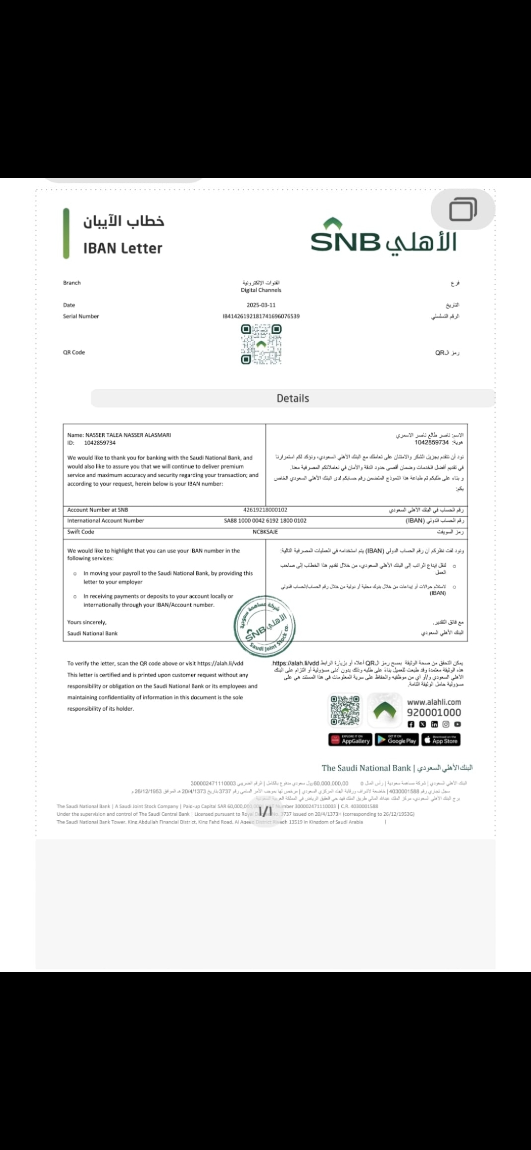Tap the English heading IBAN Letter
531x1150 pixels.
tap(122, 248)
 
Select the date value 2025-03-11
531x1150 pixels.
tap(261, 305)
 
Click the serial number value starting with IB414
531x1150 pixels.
tap(261, 316)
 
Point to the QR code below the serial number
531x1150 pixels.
tap(261, 345)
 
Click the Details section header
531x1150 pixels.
tap(293, 399)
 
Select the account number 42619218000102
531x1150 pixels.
tap(265, 510)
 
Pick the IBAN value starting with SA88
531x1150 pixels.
tap(265, 521)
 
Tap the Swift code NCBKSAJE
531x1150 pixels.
tap(265, 532)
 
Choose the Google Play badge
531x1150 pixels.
tap(397, 740)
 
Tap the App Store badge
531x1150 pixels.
tap(441, 740)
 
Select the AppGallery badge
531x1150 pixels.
tap(350, 740)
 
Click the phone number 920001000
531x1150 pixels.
tap(434, 713)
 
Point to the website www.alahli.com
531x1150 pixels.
tap(434, 702)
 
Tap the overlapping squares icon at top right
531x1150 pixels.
tap(463, 209)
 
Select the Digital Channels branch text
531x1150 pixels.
tap(261, 290)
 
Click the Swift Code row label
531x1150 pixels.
tap(81, 532)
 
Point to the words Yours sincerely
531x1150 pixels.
tap(87, 622)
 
